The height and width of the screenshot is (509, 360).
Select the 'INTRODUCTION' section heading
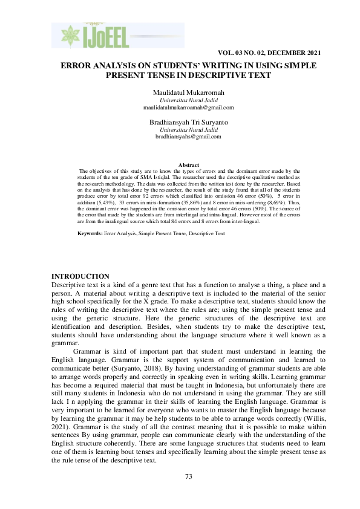coord(80,276)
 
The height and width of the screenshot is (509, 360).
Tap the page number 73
coord(188,477)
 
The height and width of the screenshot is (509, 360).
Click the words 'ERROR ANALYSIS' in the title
coord(96,65)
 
